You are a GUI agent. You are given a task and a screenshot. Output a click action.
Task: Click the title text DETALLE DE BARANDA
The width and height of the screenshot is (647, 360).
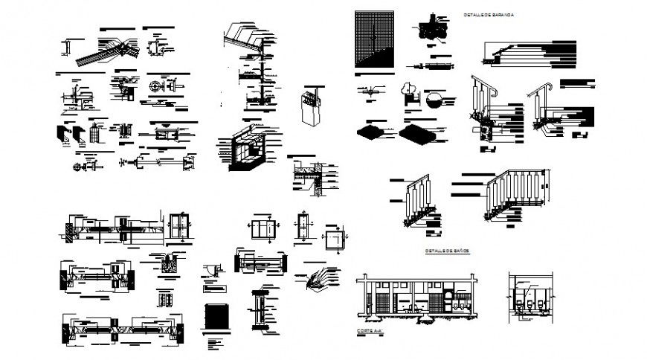click(x=488, y=15)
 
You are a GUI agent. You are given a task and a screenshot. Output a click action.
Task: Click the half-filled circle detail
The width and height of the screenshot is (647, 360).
click(x=435, y=100)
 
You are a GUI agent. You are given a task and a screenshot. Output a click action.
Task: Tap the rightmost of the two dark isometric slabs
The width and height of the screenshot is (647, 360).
click(x=419, y=133)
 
